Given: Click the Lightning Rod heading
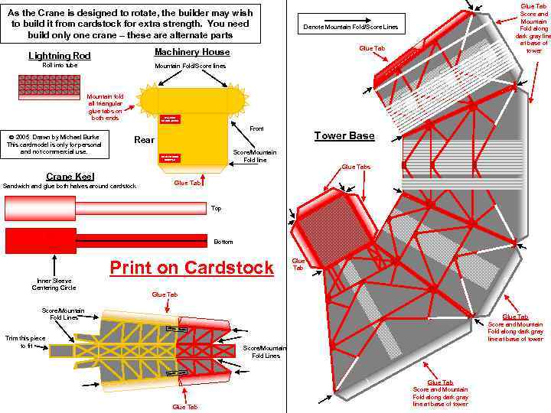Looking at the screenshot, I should coord(60,56).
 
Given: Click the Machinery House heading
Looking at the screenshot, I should coord(192,52).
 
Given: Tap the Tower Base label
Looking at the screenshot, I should coord(344,136).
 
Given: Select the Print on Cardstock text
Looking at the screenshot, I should coord(191,268).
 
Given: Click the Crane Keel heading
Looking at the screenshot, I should coord(70,176).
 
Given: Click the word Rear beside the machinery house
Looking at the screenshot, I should coord(144,140).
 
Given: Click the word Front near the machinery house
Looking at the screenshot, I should coord(256,128).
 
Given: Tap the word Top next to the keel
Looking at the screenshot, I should coord(216,208).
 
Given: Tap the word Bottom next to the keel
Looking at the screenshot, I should coord(223,242).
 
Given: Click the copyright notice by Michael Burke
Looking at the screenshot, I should coord(54,143).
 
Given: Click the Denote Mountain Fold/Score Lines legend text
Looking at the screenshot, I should coord(350,28).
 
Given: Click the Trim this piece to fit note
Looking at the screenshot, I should coord(25,342).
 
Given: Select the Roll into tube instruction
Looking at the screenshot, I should coord(60,66).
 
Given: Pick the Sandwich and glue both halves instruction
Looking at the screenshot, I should coord(70,186).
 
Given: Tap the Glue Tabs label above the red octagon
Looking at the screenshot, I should coord(356,167).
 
